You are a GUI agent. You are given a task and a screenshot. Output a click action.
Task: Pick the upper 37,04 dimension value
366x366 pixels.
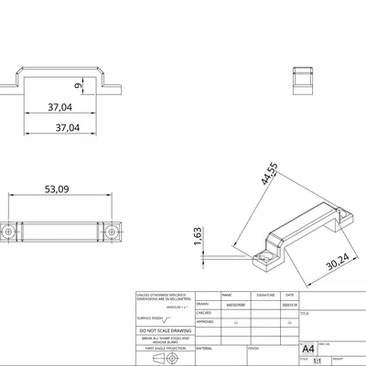click(61, 107)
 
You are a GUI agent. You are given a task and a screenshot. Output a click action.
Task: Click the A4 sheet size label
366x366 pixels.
click(307, 349)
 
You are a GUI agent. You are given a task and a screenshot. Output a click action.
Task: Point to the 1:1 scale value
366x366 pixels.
click(318, 361)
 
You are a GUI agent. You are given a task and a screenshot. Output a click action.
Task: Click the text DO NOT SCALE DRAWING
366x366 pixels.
click(165, 329)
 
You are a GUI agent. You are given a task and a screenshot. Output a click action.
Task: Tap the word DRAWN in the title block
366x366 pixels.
click(202, 304)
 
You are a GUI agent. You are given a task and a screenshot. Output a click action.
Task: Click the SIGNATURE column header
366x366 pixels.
click(264, 296)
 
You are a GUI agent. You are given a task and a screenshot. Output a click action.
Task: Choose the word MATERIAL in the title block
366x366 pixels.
click(204, 348)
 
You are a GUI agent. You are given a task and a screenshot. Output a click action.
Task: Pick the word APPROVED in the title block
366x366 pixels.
click(205, 321)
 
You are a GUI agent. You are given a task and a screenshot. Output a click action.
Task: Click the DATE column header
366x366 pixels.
click(289, 296)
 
